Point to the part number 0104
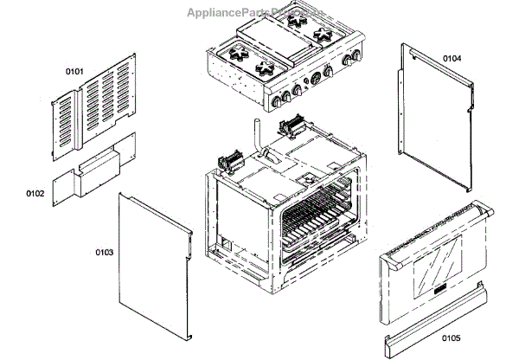tap(452, 58)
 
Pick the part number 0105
tap(450, 337)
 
